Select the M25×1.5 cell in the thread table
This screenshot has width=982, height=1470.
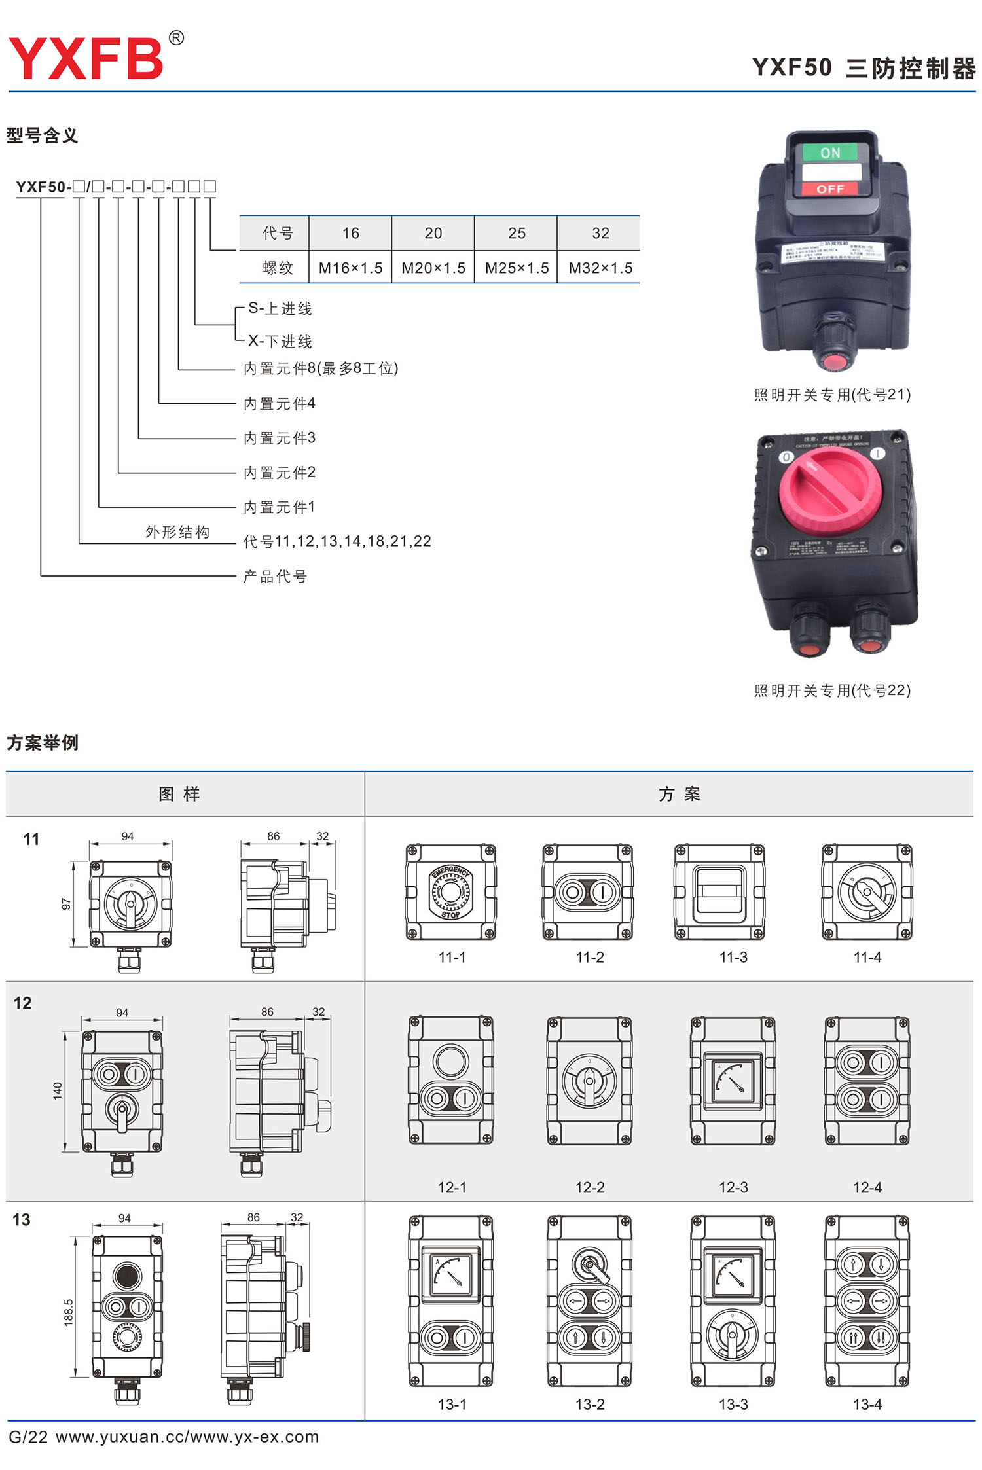click(517, 268)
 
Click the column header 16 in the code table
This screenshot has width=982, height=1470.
click(350, 233)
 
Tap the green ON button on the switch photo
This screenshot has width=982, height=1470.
click(830, 152)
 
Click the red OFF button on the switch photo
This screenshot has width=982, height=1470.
click(830, 188)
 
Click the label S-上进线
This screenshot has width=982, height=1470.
click(280, 308)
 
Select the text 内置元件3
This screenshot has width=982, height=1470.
click(280, 438)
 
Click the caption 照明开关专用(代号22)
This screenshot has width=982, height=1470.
click(832, 690)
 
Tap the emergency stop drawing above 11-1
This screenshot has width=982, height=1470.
click(450, 891)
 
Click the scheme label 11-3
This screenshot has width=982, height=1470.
click(733, 957)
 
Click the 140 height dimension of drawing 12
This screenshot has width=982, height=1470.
click(58, 1090)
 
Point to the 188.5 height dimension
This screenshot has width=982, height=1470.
click(69, 1312)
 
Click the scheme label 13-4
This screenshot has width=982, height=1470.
click(867, 1405)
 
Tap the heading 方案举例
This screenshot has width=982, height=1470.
click(43, 743)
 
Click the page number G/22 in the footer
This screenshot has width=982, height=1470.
click(28, 1437)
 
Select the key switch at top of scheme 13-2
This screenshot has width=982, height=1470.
click(589, 1263)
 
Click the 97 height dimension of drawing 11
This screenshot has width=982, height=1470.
click(65, 904)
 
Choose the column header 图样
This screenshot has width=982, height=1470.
click(179, 794)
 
